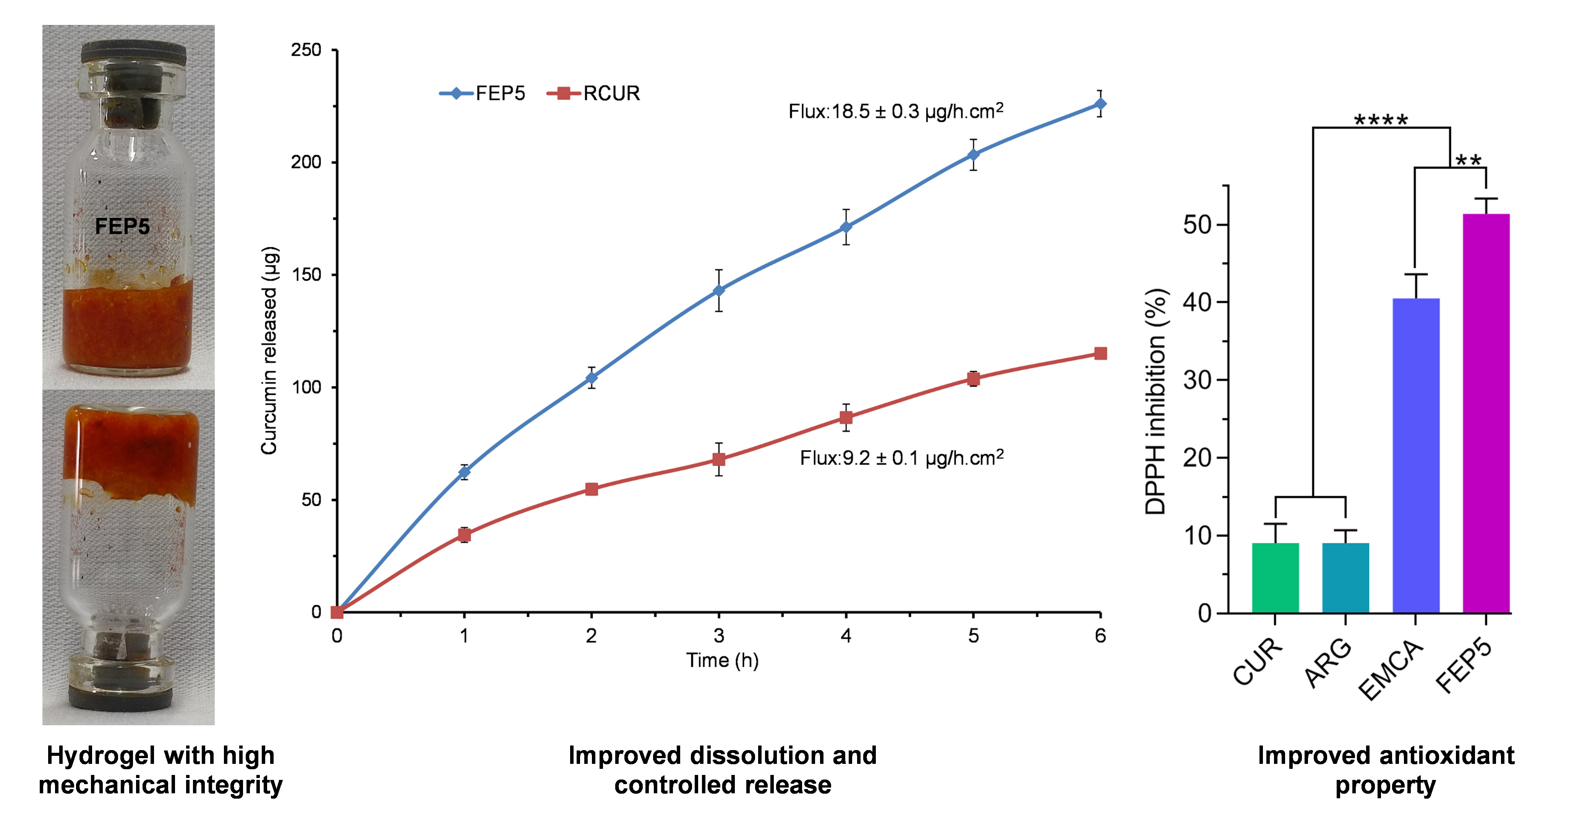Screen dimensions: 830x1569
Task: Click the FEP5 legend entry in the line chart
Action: pyautogui.click(x=482, y=94)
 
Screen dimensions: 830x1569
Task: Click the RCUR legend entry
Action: pyautogui.click(x=594, y=94)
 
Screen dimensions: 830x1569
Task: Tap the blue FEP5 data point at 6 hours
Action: pyautogui.click(x=1100, y=104)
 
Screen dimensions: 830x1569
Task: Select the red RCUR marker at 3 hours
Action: pyautogui.click(x=719, y=460)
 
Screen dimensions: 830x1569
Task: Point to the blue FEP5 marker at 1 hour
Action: pyautogui.click(x=464, y=472)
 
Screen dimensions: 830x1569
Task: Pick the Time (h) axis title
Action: pyautogui.click(x=722, y=661)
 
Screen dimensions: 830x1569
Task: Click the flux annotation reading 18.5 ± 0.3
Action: pyautogui.click(x=895, y=112)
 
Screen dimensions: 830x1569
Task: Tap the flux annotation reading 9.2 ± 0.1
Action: pyautogui.click(x=901, y=458)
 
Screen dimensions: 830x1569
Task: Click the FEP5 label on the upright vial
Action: pyautogui.click(x=122, y=227)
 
